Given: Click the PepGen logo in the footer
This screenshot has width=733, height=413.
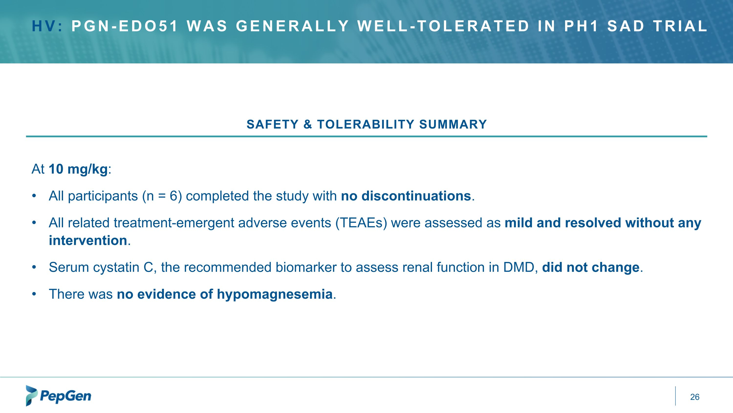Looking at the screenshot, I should point(59,396).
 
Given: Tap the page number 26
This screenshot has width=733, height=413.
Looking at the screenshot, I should point(695,397).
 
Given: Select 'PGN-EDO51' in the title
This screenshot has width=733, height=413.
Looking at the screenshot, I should point(125,26).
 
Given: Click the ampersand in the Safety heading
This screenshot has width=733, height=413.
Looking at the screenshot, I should point(308,125).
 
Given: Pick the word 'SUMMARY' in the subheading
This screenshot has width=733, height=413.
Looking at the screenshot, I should point(453,125).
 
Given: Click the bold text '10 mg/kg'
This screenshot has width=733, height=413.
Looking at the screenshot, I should point(78,169).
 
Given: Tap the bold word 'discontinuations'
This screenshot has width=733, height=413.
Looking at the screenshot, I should point(416,196).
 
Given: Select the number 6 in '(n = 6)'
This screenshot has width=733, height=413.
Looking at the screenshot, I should point(173,196).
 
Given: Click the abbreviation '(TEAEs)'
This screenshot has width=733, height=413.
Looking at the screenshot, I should point(361,223).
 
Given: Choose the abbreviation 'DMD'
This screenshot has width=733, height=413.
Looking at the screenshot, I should point(520,267).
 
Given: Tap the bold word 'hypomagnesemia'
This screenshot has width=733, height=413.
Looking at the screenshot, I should point(275,294).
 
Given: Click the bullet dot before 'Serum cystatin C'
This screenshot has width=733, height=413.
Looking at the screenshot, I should point(34,267).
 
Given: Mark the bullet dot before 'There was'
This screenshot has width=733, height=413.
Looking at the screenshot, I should point(34,294).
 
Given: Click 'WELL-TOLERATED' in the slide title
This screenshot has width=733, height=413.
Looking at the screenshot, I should point(443,26).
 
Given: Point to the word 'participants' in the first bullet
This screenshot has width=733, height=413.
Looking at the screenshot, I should point(103,196).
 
